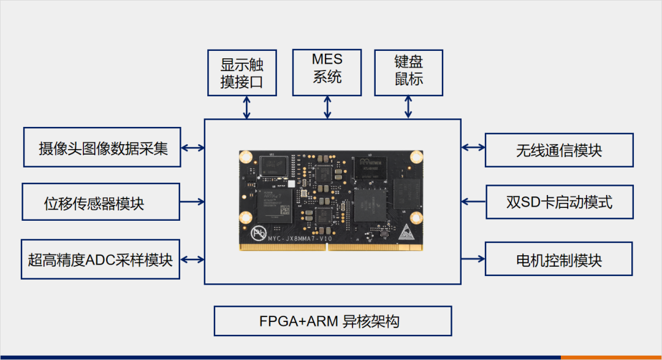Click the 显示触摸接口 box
[x=242, y=73]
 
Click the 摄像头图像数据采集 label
[x=102, y=148]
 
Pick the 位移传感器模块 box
[x=101, y=202]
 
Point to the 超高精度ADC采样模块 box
[x=101, y=259]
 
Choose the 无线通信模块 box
[x=558, y=150]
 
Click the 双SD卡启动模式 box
[x=559, y=202]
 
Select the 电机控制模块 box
[x=558, y=259]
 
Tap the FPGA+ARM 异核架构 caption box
[x=333, y=321]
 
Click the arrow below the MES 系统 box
[x=328, y=107]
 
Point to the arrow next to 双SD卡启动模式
[x=473, y=201]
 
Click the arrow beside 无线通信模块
[x=473, y=147]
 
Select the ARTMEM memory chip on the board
[x=371, y=168]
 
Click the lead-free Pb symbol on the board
[x=258, y=234]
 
